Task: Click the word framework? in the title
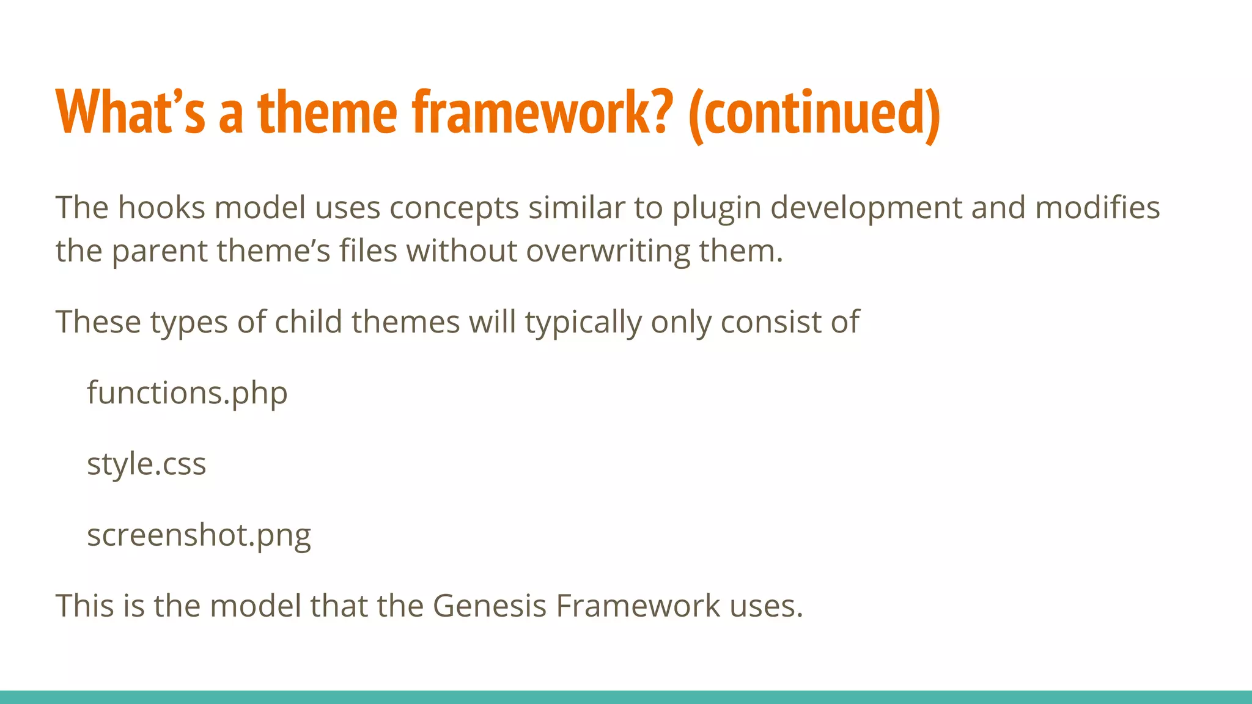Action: (542, 112)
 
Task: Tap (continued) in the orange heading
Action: (814, 114)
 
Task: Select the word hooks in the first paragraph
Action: (161, 208)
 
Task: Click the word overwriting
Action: (607, 252)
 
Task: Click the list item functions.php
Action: (187, 393)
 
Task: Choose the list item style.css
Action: (147, 464)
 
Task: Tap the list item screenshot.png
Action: (199, 536)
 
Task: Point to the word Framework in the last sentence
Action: (638, 606)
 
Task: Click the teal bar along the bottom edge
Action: (626, 697)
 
